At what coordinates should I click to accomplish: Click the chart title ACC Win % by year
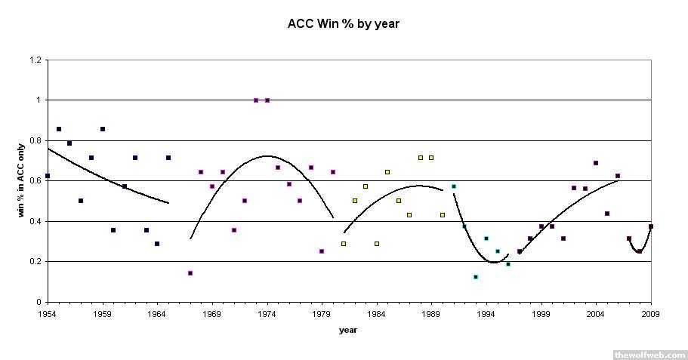344,23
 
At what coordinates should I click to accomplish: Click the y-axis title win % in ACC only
23,181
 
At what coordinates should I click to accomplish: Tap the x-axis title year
348,330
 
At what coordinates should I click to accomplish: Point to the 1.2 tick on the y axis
34,60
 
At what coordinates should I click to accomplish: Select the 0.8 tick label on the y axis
34,140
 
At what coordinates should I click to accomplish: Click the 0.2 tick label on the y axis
34,262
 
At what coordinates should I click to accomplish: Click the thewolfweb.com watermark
649,354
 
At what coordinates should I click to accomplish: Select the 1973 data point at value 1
256,100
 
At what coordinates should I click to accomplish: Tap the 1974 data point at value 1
267,100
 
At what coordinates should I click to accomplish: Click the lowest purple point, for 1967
190,273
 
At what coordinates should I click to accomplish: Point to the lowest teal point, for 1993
476,277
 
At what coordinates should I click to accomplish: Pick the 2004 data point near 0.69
596,163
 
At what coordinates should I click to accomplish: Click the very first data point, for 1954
48,176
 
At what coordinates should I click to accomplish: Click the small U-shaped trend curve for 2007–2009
639,250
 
